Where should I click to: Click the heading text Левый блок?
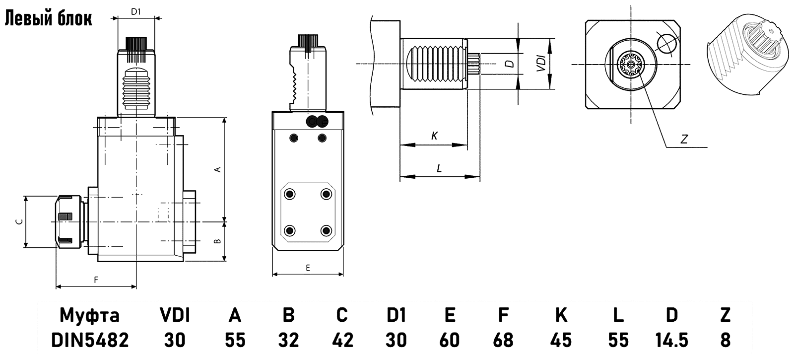click(x=48, y=18)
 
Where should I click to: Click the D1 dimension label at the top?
click(x=136, y=12)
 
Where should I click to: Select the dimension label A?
click(x=217, y=169)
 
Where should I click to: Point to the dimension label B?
click(x=217, y=241)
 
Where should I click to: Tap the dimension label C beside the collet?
click(x=18, y=222)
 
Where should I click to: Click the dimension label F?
click(x=96, y=280)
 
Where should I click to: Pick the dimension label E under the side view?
click(x=308, y=268)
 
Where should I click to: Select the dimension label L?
click(x=439, y=169)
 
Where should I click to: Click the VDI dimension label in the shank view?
click(x=542, y=64)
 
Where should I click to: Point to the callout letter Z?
click(x=684, y=140)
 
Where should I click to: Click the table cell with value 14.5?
click(x=671, y=340)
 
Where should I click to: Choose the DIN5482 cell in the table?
click(x=90, y=340)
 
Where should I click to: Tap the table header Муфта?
click(x=90, y=315)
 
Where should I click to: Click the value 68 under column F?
click(x=503, y=340)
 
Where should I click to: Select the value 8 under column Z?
click(x=725, y=340)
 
